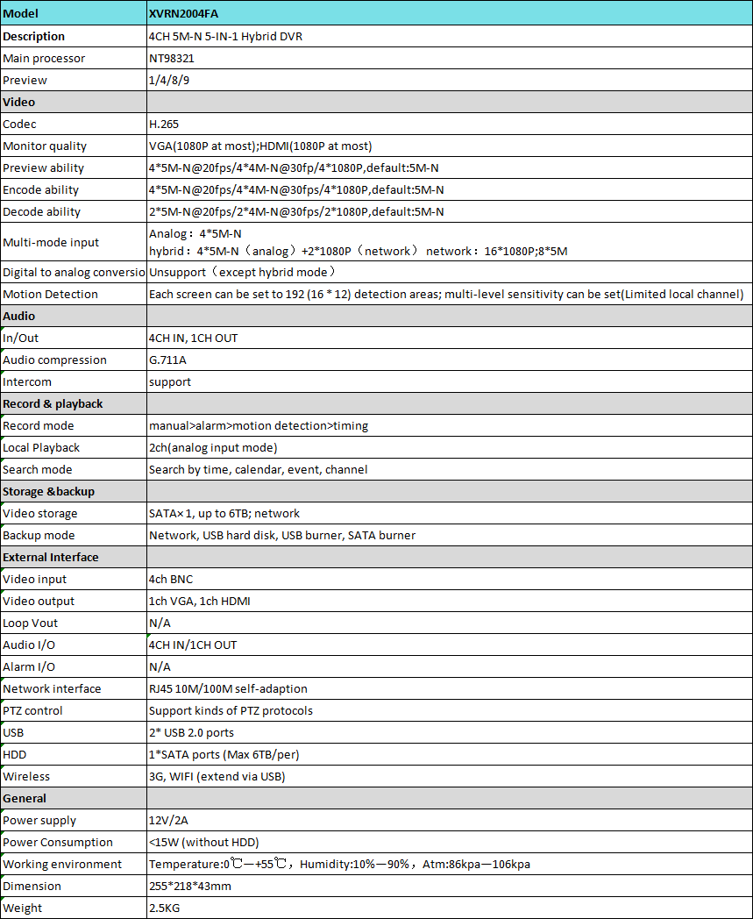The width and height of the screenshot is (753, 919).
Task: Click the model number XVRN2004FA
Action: [x=182, y=15]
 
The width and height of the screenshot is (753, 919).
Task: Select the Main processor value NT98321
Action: [x=173, y=59]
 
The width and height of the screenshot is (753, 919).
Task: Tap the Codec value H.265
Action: [x=164, y=125]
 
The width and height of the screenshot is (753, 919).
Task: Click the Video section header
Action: [x=19, y=103]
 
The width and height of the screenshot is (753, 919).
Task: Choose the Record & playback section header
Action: [x=53, y=404]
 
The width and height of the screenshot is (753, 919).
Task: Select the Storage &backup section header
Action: [x=48, y=492]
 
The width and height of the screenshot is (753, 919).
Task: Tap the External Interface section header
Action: [x=51, y=558]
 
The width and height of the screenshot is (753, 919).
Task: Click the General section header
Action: [x=25, y=799]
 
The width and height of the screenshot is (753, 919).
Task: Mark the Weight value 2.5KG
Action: [x=166, y=908]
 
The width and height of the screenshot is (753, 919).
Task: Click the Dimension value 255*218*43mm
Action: [x=190, y=887]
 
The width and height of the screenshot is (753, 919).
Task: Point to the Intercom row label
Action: [x=27, y=382]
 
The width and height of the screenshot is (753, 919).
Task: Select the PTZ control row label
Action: [x=33, y=711]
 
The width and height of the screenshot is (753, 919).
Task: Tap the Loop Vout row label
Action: [x=31, y=623]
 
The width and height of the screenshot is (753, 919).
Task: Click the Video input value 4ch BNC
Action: [x=171, y=580]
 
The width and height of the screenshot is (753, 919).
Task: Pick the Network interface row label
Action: [x=52, y=689]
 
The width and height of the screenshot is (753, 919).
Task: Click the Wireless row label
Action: [x=26, y=777]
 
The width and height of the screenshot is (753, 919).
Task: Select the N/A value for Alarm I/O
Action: [x=160, y=667]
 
